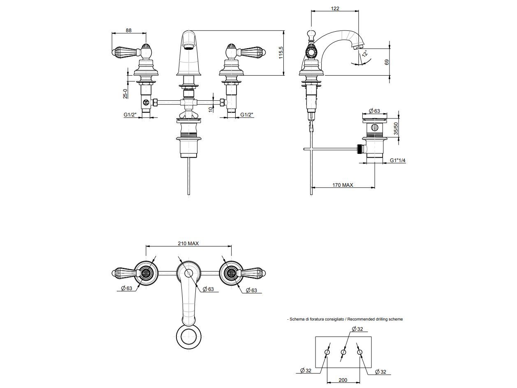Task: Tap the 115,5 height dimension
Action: click(x=281, y=53)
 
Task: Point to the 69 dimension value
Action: click(x=386, y=62)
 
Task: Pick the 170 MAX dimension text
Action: click(x=343, y=185)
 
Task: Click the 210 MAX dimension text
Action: click(x=188, y=244)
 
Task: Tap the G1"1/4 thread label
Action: click(x=398, y=160)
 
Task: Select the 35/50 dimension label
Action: click(x=396, y=128)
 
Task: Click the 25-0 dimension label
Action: click(x=125, y=93)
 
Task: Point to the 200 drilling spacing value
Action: click(x=343, y=380)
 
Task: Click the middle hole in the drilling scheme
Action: click(x=343, y=353)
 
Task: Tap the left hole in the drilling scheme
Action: click(x=327, y=353)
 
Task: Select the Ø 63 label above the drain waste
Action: click(x=374, y=111)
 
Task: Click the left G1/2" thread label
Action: click(x=130, y=115)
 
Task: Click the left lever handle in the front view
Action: click(x=124, y=52)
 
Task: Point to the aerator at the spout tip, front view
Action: click(x=188, y=48)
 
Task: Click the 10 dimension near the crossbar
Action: click(x=210, y=109)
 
